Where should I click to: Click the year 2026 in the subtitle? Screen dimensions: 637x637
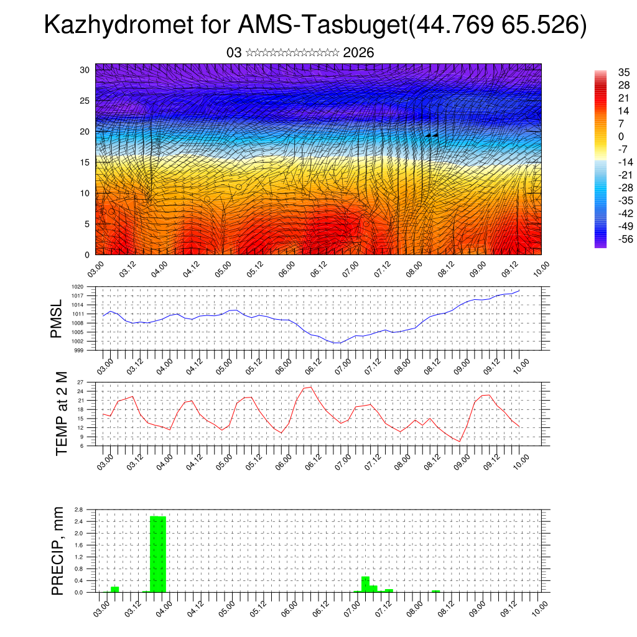tap(358, 53)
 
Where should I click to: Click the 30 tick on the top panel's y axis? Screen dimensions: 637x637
tap(85, 70)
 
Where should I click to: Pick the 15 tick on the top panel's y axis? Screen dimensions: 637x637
tap(85, 162)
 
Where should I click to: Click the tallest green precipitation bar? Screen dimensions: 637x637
tap(158, 554)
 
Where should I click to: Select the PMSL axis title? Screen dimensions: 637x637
tap(57, 318)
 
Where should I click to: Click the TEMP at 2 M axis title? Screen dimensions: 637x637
tap(61, 413)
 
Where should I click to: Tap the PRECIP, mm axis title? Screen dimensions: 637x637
tap(58, 550)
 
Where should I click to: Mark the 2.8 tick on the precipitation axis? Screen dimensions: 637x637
tap(78, 509)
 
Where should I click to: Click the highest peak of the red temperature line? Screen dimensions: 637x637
tap(310, 387)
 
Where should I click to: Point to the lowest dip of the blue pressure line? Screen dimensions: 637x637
tap(337, 343)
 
